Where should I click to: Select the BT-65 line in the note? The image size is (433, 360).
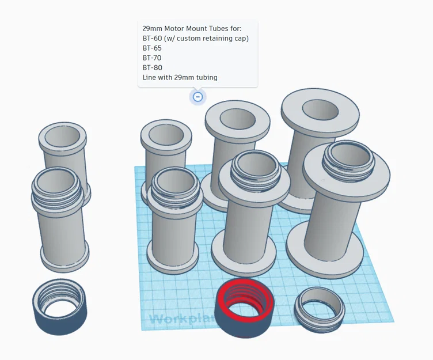[x=152, y=48]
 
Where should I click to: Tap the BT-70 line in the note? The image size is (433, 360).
[x=152, y=58]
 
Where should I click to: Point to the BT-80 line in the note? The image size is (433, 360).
[x=152, y=67]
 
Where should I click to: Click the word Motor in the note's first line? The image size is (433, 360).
[x=178, y=28]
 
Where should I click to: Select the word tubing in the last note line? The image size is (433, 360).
[x=206, y=77]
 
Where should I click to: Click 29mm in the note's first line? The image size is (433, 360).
[x=153, y=28]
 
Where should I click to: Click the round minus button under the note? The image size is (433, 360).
[x=197, y=97]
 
